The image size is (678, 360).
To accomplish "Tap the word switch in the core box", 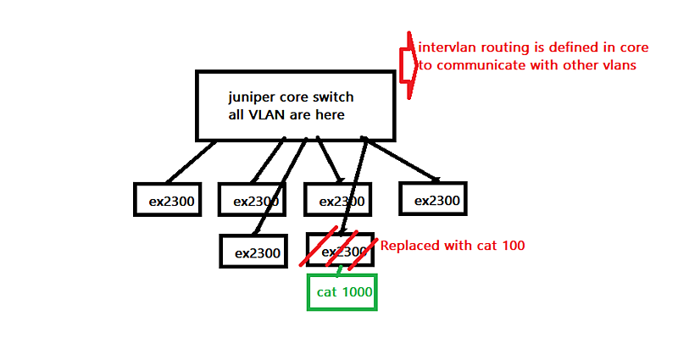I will (333, 97).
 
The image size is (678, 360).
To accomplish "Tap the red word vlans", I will (616, 64).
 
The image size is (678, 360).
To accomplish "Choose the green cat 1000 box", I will (342, 292).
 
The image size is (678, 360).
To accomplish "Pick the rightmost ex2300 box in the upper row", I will (433, 200).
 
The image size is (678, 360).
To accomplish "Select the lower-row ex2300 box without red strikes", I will (254, 252).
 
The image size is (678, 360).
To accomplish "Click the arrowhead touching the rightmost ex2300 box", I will (436, 178).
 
